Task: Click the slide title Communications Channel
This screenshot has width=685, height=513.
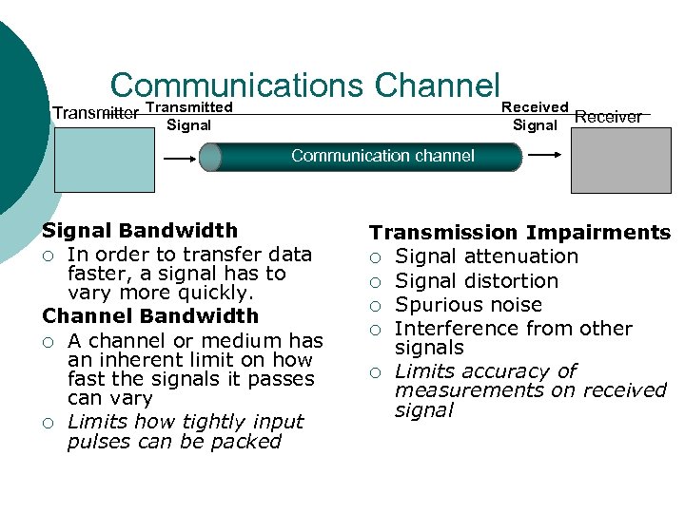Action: tap(304, 85)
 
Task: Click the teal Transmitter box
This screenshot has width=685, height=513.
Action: tap(104, 160)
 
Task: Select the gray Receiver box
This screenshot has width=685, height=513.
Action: tap(607, 160)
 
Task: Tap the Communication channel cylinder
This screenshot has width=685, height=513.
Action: tap(366, 157)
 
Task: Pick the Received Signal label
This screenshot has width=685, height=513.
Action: tap(535, 116)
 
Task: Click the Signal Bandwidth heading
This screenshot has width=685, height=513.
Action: tap(140, 230)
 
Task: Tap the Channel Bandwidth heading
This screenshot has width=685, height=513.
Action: tap(150, 315)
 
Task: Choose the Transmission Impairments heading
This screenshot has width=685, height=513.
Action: tap(519, 233)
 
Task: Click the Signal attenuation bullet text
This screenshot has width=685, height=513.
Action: tap(486, 256)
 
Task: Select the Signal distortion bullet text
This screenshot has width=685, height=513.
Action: tap(477, 281)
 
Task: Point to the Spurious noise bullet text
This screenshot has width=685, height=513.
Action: tap(468, 305)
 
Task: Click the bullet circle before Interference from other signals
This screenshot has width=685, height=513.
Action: tap(376, 330)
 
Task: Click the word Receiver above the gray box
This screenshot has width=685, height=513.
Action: tap(609, 117)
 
